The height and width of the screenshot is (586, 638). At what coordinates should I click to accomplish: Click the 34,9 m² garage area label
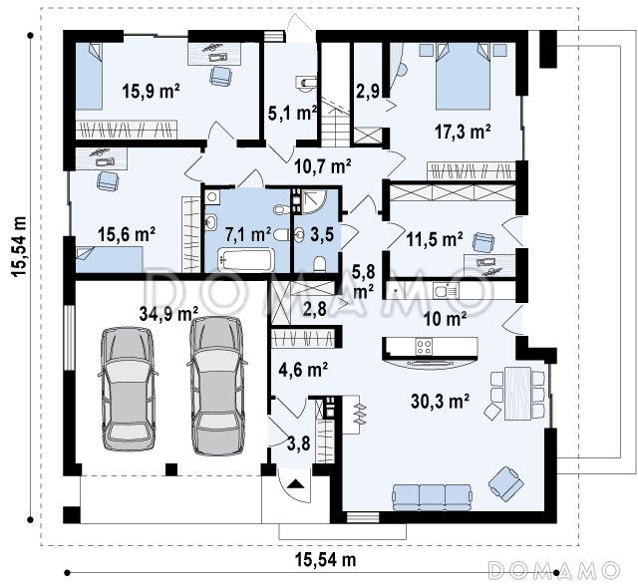pyautogui.click(x=168, y=313)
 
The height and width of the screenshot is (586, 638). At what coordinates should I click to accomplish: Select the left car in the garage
pyautogui.click(x=129, y=389)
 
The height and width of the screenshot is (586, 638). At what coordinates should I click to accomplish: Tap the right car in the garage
pyautogui.click(x=217, y=385)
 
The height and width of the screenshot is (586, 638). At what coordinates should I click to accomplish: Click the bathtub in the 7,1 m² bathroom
pyautogui.click(x=246, y=260)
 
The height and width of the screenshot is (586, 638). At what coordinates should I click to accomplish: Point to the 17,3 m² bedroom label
pyautogui.click(x=463, y=132)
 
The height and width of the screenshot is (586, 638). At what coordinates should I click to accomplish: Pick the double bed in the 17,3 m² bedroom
pyautogui.click(x=463, y=77)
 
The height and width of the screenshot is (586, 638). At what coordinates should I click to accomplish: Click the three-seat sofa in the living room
pyautogui.click(x=432, y=497)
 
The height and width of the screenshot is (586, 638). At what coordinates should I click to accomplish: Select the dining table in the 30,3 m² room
pyautogui.click(x=517, y=394)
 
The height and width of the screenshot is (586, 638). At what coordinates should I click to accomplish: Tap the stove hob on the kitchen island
pyautogui.click(x=424, y=347)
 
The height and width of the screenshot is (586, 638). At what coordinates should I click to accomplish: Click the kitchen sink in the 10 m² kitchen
pyautogui.click(x=446, y=290)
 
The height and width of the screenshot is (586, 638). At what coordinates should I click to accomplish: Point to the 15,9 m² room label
pyautogui.click(x=151, y=91)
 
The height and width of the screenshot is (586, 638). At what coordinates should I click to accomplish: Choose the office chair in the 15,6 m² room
pyautogui.click(x=108, y=180)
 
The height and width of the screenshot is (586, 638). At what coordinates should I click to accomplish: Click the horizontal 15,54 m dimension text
pyautogui.click(x=326, y=559)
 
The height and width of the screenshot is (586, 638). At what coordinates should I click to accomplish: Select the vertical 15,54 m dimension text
pyautogui.click(x=19, y=246)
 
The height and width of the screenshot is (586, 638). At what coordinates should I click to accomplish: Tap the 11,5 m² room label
pyautogui.click(x=435, y=239)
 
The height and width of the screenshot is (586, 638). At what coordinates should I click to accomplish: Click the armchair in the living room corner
pyautogui.click(x=506, y=483)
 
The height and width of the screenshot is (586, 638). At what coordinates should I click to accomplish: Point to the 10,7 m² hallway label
pyautogui.click(x=322, y=165)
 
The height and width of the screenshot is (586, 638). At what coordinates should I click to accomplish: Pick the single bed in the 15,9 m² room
pyautogui.click(x=89, y=77)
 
